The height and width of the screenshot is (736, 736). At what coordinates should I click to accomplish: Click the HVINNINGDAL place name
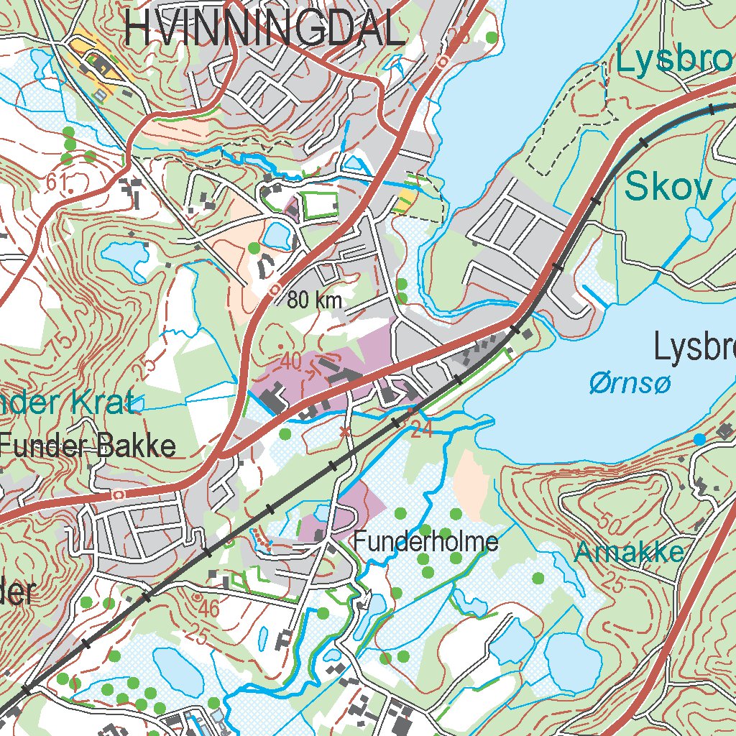click(264, 29)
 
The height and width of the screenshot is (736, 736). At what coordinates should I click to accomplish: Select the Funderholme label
click(425, 541)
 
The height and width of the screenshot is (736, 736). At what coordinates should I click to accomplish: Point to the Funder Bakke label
click(88, 446)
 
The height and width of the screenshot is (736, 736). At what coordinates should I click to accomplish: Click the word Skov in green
click(668, 187)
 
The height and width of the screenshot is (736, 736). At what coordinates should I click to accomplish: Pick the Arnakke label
click(629, 552)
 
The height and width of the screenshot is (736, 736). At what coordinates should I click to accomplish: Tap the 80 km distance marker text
click(314, 300)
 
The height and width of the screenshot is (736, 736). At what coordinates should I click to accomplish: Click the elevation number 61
click(60, 184)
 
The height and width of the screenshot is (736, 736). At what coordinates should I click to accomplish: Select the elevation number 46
click(208, 608)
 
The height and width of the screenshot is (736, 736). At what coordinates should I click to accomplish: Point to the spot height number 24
click(422, 430)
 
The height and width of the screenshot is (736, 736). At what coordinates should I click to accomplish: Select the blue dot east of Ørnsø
click(699, 438)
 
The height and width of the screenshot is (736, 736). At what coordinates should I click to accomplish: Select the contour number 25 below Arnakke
click(613, 583)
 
